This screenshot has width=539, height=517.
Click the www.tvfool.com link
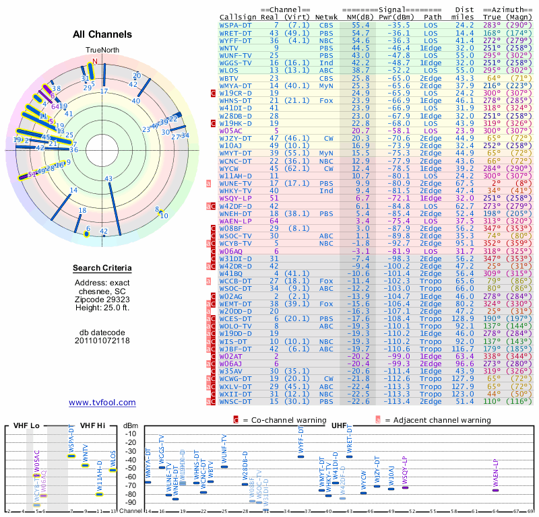[x=102, y=403]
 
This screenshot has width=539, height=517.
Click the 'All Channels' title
[x=102, y=34]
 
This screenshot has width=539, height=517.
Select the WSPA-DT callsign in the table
[x=236, y=24]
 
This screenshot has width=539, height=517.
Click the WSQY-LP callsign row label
[x=235, y=199]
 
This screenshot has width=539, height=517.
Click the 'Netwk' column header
[x=327, y=17]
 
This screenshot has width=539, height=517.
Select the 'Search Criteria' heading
[x=102, y=269]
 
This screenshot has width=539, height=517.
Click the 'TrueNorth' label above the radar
[x=101, y=50]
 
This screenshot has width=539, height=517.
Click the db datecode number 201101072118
[x=102, y=341]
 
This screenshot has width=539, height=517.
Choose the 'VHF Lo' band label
[x=26, y=425]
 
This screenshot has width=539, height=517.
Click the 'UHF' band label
[x=338, y=425]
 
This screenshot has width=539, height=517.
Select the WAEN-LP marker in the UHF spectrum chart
[x=496, y=490]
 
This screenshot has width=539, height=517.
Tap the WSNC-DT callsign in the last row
[x=236, y=402]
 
